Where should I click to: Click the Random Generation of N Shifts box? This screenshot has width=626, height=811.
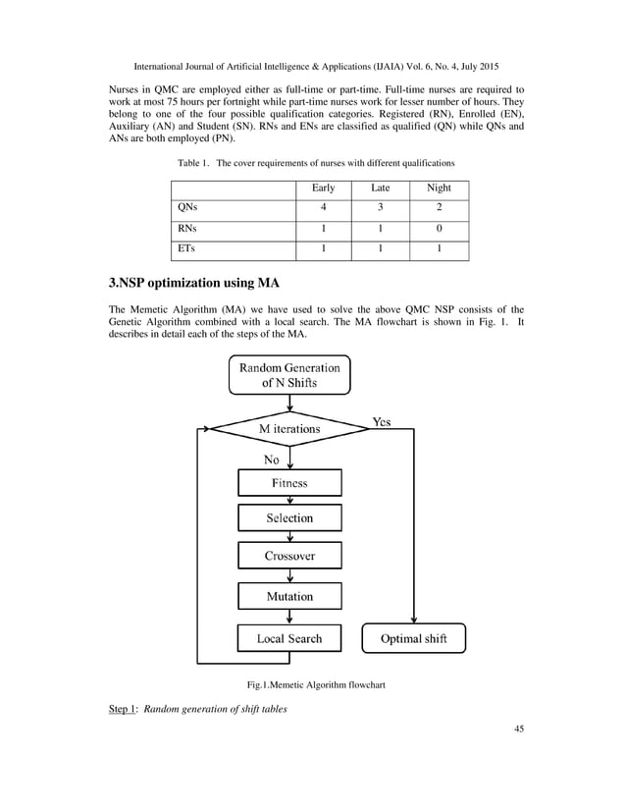(x=288, y=375)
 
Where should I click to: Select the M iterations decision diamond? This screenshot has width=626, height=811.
(x=288, y=429)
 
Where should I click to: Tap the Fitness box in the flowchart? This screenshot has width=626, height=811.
(x=289, y=483)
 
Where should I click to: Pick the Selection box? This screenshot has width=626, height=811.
(x=289, y=518)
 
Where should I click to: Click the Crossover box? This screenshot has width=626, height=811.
(x=289, y=556)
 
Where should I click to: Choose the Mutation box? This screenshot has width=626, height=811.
(x=289, y=596)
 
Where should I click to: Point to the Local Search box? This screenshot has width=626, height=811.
(x=289, y=638)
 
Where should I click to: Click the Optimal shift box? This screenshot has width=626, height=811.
(x=413, y=639)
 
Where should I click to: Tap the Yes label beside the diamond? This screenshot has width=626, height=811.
(x=382, y=421)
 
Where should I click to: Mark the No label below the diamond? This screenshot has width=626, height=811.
(x=271, y=459)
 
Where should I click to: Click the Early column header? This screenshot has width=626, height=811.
(x=323, y=188)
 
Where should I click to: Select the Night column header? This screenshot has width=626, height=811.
(x=439, y=188)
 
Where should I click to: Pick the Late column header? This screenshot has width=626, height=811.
(x=380, y=188)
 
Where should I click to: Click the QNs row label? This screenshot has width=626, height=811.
(x=186, y=208)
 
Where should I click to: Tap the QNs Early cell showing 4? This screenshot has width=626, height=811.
(x=323, y=208)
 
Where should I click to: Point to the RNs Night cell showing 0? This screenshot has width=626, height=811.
(x=439, y=229)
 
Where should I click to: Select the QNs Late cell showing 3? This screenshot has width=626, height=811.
(x=380, y=208)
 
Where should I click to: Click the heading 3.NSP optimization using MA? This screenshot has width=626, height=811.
(x=193, y=284)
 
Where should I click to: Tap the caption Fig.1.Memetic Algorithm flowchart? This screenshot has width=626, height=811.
(x=314, y=684)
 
